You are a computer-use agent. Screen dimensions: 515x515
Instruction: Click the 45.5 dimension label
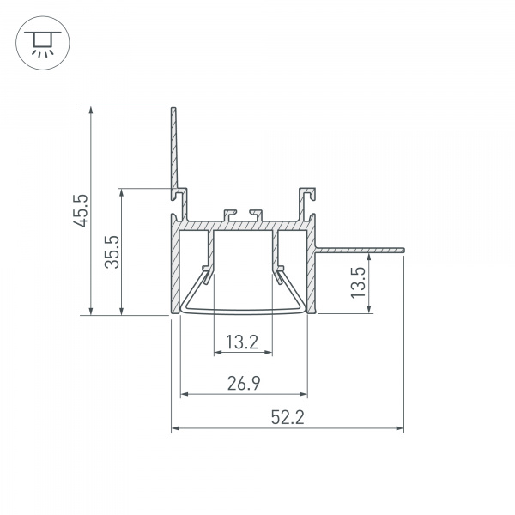coord(80,211)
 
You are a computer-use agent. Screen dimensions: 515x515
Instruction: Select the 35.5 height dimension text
coord(112,251)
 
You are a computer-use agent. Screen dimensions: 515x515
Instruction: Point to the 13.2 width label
coord(242,342)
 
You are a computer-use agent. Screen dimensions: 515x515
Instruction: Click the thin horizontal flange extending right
coord(360,250)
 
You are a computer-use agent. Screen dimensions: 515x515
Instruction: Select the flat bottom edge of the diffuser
coord(244,313)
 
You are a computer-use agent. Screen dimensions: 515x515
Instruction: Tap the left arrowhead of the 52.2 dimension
coord(175,427)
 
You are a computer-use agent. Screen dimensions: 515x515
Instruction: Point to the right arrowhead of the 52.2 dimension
coord(400,427)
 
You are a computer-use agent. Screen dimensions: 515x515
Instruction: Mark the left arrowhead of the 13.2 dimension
coord(215,352)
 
